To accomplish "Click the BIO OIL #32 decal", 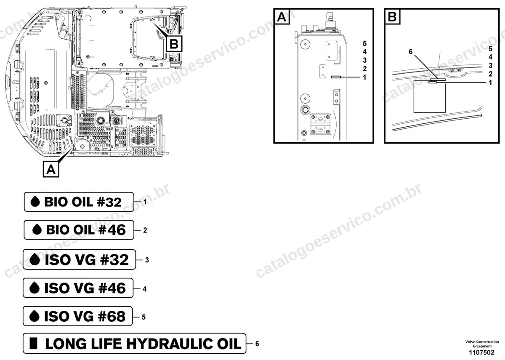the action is tap(79, 202).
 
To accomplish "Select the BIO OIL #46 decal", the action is tap(79, 230).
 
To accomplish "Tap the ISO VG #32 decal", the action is tap(80, 259).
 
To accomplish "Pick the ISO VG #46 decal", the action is tap(78, 288).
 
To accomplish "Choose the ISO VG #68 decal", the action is tap(77, 316).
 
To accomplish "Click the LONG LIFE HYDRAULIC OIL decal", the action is tap(134, 344).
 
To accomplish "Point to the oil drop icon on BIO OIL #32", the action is tap(35, 201).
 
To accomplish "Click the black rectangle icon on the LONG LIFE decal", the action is tap(34, 343).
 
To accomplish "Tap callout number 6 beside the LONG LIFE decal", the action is tap(257, 344).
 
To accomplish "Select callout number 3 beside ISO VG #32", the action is tap(147, 260).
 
